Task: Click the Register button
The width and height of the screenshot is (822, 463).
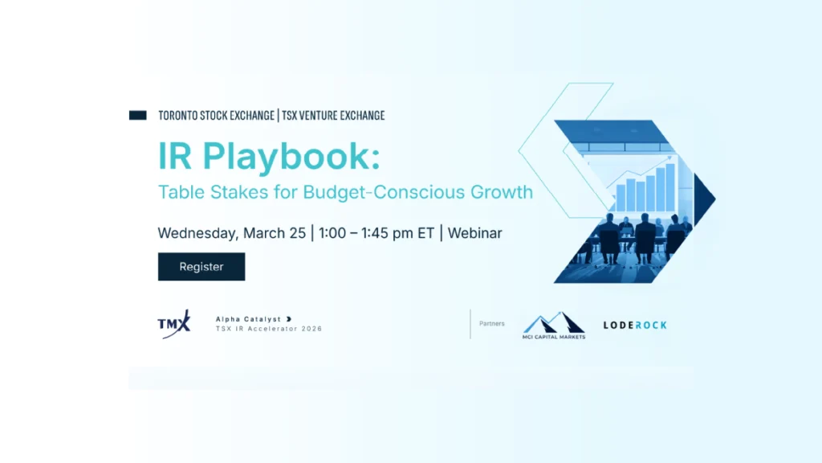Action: pos(201,267)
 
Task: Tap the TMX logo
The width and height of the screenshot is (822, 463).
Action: pos(174,324)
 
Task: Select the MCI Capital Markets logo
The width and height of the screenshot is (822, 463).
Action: pos(554,326)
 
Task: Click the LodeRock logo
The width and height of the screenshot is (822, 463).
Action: pos(635,326)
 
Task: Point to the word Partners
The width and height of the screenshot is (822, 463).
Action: pos(492,324)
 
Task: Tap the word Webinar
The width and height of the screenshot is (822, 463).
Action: pos(475,233)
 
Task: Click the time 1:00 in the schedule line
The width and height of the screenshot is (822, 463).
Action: pos(334,233)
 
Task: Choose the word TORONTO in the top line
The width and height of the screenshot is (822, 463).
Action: pos(181,116)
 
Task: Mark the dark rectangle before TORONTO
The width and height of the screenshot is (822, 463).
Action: pos(137,116)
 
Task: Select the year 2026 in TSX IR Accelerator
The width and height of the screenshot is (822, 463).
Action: pos(309,329)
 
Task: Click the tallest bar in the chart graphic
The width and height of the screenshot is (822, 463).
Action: pos(671,182)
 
